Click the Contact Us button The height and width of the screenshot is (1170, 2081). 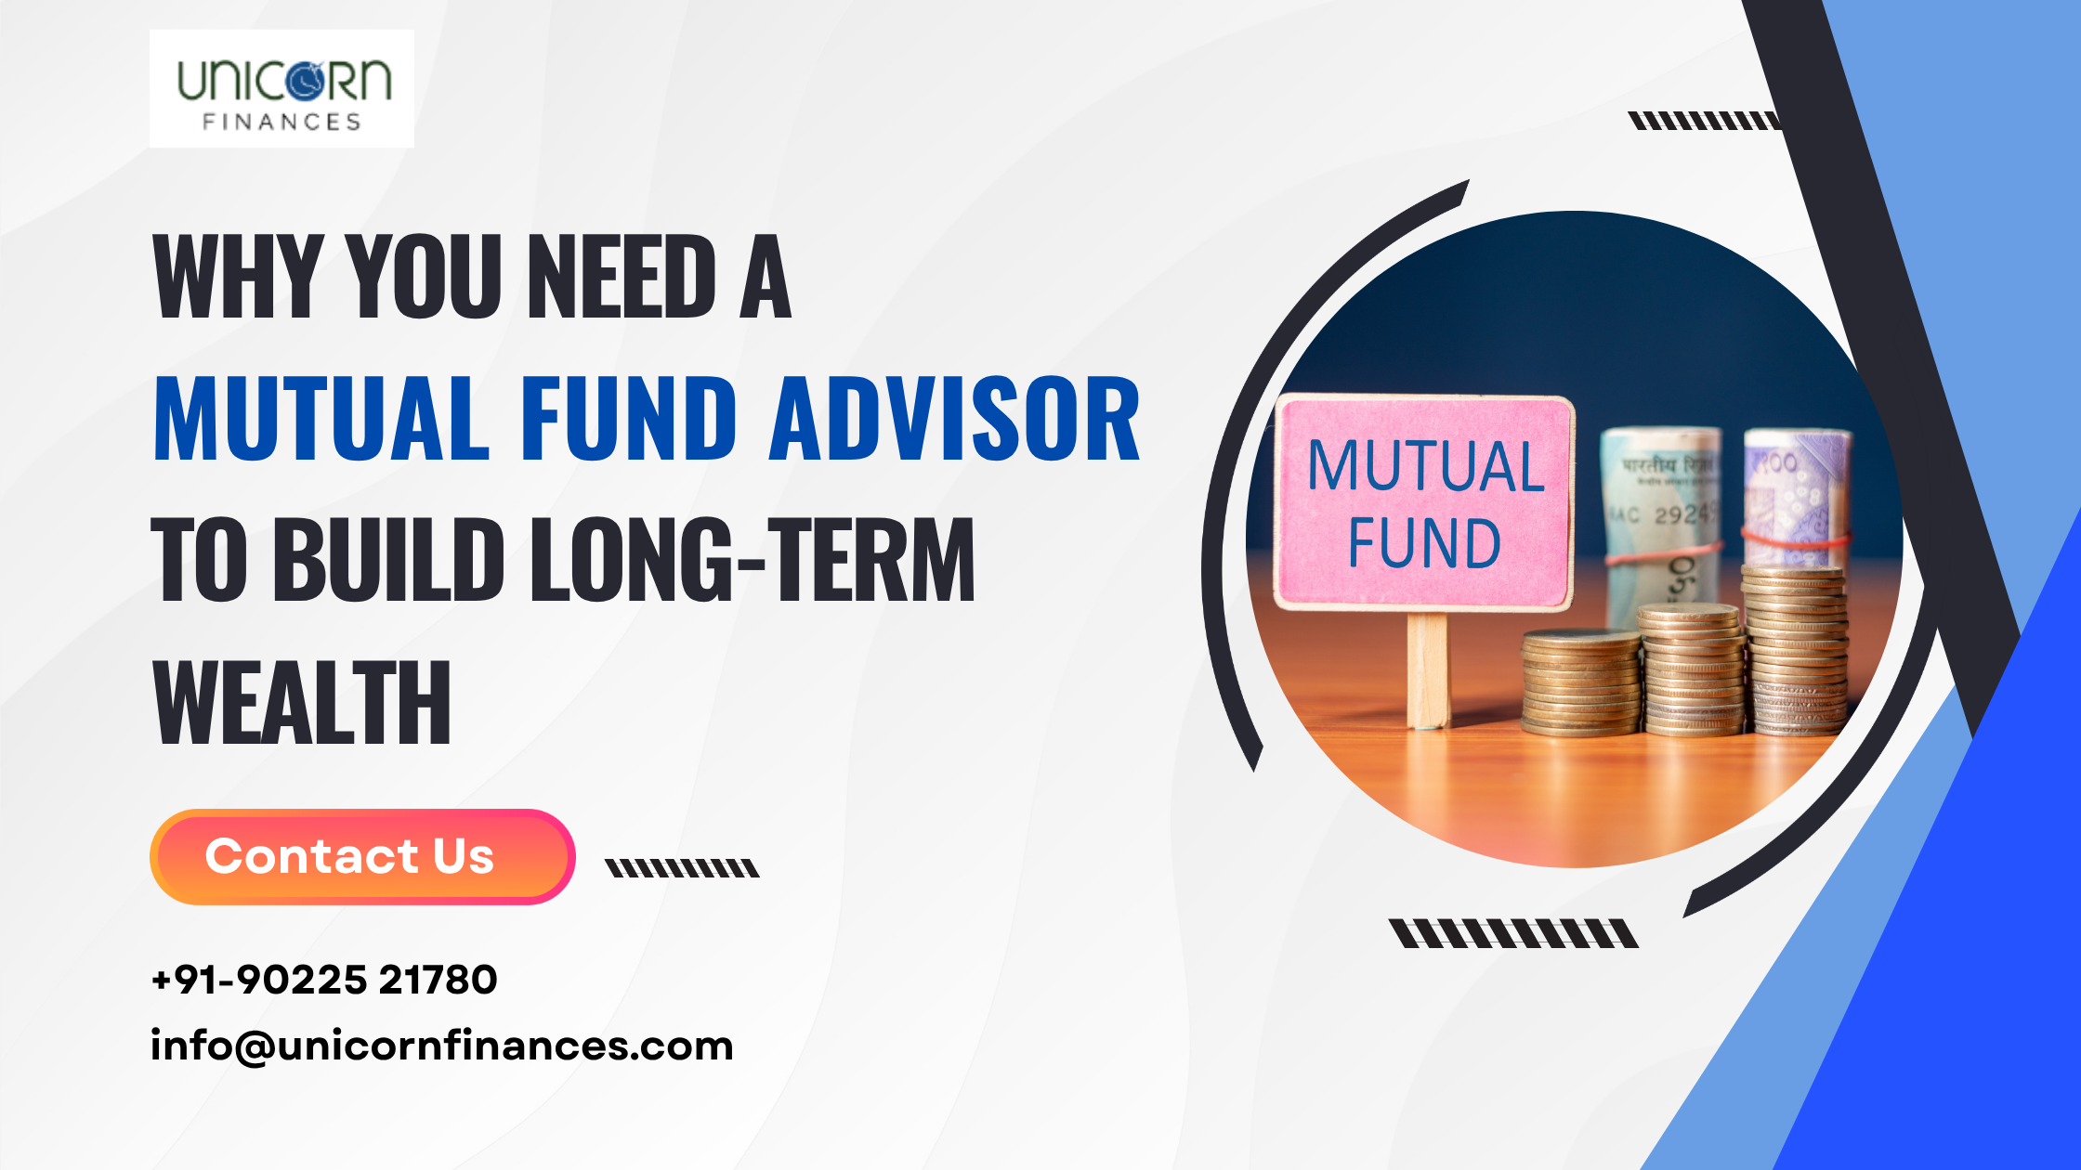pyautogui.click(x=361, y=856)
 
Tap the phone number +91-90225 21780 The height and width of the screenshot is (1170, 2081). pyautogui.click(x=324, y=980)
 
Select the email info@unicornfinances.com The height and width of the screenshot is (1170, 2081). pyautogui.click(x=442, y=1046)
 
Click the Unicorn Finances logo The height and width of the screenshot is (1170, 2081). pyautogui.click(x=281, y=88)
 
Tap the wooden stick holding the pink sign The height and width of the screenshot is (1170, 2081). pyautogui.click(x=1427, y=669)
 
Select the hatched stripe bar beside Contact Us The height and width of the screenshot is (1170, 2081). pyautogui.click(x=682, y=868)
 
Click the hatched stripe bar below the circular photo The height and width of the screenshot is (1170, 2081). pyautogui.click(x=1513, y=933)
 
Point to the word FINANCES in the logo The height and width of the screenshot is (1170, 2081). pyautogui.click(x=281, y=122)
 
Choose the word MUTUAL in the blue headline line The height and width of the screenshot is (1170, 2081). pyautogui.click(x=321, y=419)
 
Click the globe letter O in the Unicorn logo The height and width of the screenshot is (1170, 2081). pyautogui.click(x=304, y=80)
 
